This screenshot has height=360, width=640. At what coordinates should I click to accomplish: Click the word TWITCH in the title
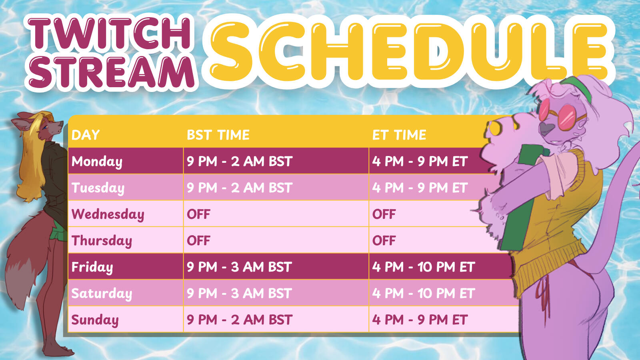[x=110, y=34]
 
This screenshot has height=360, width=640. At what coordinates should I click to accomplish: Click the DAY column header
[x=86, y=135]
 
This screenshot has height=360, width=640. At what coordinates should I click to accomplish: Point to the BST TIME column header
[x=218, y=135]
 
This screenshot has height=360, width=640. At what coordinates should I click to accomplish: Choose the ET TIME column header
[x=399, y=135]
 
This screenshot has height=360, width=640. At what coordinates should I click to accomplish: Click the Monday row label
[x=97, y=162]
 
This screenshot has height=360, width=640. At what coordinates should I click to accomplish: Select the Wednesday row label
[x=108, y=214]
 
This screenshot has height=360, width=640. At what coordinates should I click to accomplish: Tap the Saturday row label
[x=102, y=294]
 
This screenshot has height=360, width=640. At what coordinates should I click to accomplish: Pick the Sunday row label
[x=95, y=320]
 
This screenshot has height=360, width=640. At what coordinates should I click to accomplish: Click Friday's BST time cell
[x=239, y=267]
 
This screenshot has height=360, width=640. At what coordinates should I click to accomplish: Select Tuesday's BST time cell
[x=240, y=188]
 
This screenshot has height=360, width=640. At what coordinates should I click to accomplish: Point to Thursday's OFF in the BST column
[x=198, y=240]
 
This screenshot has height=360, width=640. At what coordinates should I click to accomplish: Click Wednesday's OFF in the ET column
[x=384, y=214]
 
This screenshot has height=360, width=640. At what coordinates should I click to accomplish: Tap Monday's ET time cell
[x=420, y=162]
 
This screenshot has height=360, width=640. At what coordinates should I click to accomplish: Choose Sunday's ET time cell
[x=420, y=320]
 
